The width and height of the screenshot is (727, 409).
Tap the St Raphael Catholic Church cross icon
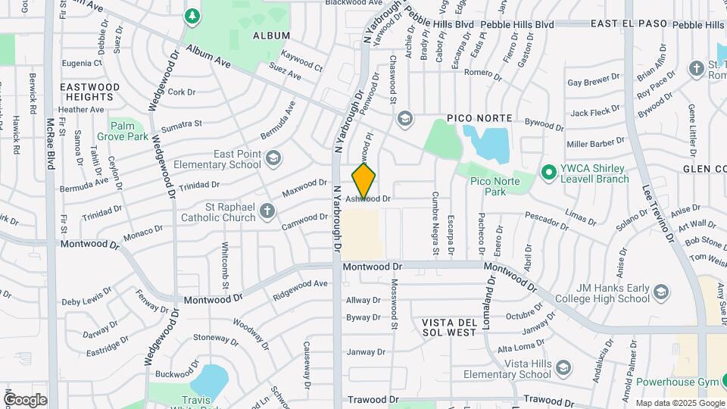(x=267, y=211)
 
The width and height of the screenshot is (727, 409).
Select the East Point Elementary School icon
(x=273, y=158)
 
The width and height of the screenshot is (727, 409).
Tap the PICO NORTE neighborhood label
(x=479, y=119)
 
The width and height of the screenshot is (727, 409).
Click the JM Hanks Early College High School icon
(x=661, y=292)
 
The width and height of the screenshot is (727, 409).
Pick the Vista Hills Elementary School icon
(x=563, y=369)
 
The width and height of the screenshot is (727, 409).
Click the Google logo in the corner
(x=25, y=399)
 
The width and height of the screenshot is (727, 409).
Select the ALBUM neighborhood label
(x=271, y=36)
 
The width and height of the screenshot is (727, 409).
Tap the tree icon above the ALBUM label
(x=192, y=15)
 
